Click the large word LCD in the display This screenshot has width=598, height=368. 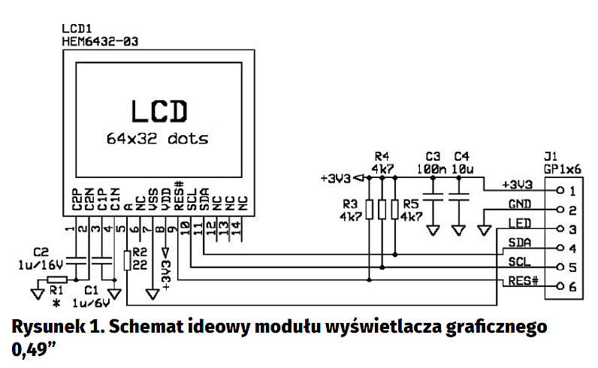click(x=157, y=111)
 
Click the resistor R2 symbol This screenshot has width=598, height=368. click(x=127, y=259)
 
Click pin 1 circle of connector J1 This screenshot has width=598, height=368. click(x=560, y=190)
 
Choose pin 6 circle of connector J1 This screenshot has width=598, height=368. click(x=560, y=286)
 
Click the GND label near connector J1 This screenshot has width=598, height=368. click(x=520, y=204)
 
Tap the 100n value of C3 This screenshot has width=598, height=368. click(x=431, y=170)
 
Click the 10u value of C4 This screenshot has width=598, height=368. click(x=461, y=170)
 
